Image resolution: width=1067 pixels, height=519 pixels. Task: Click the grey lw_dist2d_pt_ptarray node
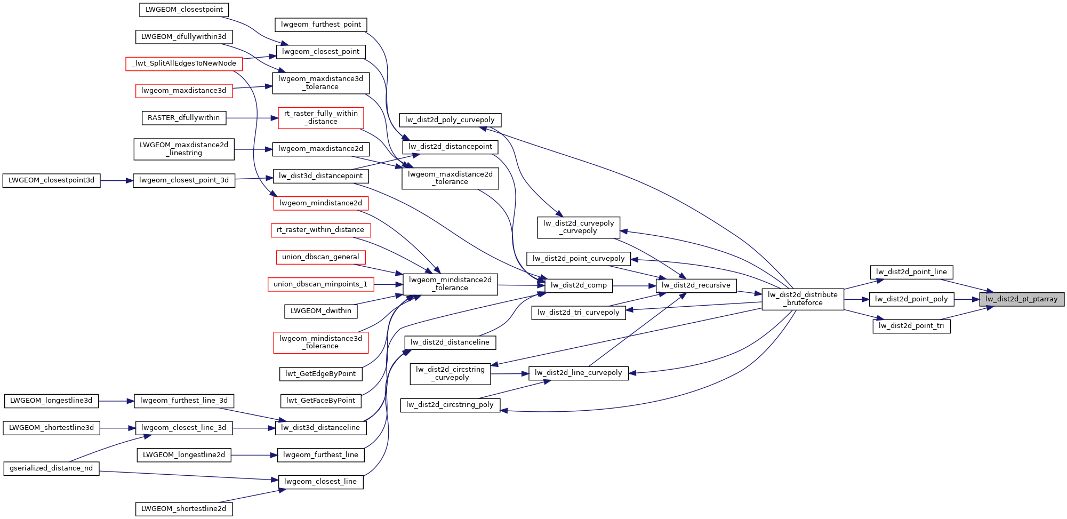(x=1021, y=299)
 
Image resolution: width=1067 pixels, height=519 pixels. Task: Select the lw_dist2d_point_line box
(x=911, y=272)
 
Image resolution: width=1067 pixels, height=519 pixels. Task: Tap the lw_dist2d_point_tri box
(x=911, y=326)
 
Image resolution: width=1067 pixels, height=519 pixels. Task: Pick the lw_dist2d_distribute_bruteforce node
(x=803, y=299)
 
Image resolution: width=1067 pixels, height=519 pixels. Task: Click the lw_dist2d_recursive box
(x=696, y=285)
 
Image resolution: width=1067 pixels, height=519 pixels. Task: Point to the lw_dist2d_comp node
(x=579, y=285)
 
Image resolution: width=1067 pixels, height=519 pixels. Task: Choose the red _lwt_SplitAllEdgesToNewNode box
(x=184, y=63)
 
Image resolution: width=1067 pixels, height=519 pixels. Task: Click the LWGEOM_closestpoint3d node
(x=51, y=180)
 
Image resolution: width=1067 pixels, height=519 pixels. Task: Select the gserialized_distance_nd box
(x=51, y=468)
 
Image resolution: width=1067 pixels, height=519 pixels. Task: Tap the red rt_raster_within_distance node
(x=320, y=230)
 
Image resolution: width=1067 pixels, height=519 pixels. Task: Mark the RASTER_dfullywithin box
(x=184, y=118)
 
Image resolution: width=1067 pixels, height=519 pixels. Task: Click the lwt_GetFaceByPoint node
(x=320, y=401)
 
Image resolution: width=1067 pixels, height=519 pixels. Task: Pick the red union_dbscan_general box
(x=320, y=257)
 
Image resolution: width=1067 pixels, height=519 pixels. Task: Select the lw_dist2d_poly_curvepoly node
(x=450, y=120)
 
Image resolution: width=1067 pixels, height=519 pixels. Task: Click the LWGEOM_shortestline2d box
(x=184, y=509)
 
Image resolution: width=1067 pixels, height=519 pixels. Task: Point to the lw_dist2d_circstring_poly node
(x=450, y=405)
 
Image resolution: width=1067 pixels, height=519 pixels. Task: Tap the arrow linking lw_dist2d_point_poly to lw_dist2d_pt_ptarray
(x=966, y=299)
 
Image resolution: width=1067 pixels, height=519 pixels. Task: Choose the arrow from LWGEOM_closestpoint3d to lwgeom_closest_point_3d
(x=116, y=180)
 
